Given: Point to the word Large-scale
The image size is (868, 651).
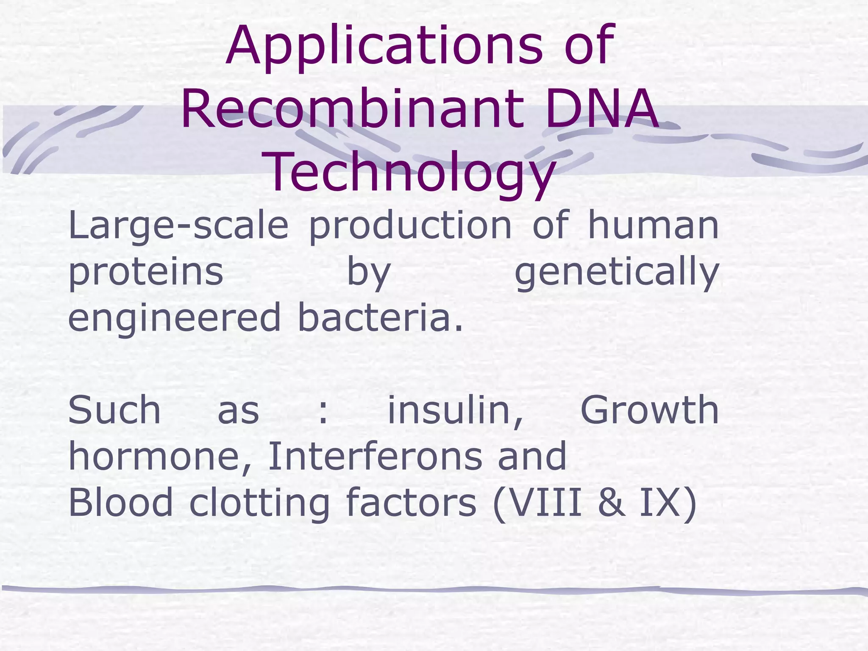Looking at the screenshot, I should (x=178, y=227).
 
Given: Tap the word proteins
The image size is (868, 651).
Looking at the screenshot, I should (x=146, y=273).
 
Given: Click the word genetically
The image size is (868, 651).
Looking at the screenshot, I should (x=617, y=273).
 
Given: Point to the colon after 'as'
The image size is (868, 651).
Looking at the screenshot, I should (x=323, y=411).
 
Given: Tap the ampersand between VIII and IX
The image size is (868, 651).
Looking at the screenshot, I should (x=611, y=503).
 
